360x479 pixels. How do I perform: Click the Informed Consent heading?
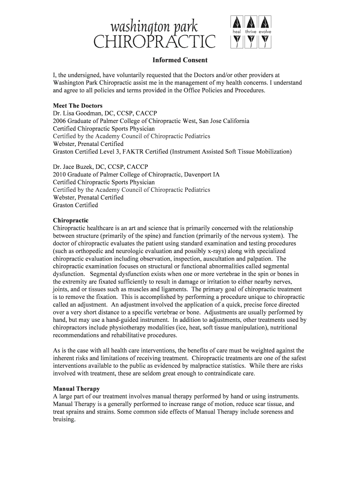point(180,60)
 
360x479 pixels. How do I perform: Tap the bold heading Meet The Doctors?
point(78,106)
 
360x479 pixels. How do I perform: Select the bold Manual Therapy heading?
point(76,389)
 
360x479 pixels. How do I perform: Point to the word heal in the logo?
point(236,32)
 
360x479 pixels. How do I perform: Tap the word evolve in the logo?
point(264,32)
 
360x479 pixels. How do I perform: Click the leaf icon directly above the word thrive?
point(251,22)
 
